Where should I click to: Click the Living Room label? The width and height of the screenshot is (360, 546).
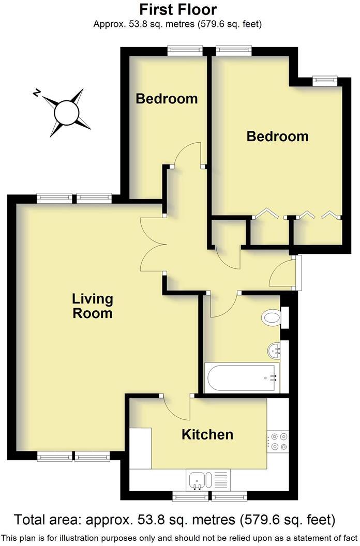point(92,306)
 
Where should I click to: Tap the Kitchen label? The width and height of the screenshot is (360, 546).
point(207,434)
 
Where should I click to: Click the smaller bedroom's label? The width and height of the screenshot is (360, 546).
point(167,98)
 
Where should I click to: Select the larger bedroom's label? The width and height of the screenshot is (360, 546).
point(277,136)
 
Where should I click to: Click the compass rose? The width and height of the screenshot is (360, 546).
point(66,112)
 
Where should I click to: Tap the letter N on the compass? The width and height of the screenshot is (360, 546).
point(37,93)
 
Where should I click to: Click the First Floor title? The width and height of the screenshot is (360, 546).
point(178,9)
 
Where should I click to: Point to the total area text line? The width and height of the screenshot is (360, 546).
point(175,519)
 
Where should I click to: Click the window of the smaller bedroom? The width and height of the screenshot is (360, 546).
point(185,50)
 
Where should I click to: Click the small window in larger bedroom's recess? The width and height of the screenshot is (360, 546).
point(325,80)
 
